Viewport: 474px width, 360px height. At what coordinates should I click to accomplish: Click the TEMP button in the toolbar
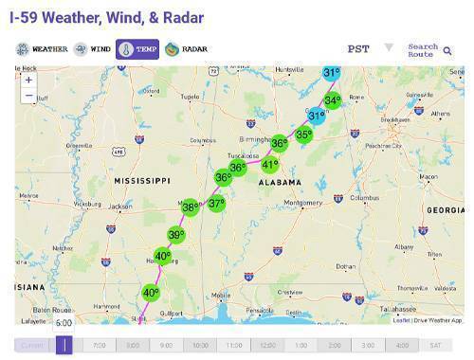pyautogui.click(x=137, y=49)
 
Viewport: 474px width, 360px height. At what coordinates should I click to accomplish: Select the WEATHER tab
pyautogui.click(x=44, y=49)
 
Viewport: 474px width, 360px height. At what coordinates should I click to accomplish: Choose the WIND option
pyautogui.click(x=92, y=49)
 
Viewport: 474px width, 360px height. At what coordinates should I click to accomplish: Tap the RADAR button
pyautogui.click(x=186, y=49)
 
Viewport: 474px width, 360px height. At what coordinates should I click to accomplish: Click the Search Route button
pyautogui.click(x=428, y=49)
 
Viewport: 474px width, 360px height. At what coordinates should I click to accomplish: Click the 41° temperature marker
pyautogui.click(x=270, y=165)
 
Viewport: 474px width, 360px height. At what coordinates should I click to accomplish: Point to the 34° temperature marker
pyautogui.click(x=332, y=100)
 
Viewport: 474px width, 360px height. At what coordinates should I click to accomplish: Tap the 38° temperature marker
pyautogui.click(x=190, y=207)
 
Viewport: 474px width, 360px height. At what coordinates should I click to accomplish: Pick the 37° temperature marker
pyautogui.click(x=217, y=204)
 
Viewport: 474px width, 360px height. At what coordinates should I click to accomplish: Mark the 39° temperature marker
pyautogui.click(x=175, y=235)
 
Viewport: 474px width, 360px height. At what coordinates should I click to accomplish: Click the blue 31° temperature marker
pyautogui.click(x=317, y=116)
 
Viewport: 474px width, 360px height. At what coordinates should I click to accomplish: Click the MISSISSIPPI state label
pyautogui.click(x=141, y=180)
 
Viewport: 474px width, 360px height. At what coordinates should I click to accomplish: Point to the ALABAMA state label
pyautogui.click(x=276, y=182)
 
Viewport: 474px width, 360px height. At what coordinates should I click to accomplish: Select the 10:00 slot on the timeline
pyautogui.click(x=200, y=346)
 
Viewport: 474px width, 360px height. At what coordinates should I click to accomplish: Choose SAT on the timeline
pyautogui.click(x=435, y=346)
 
